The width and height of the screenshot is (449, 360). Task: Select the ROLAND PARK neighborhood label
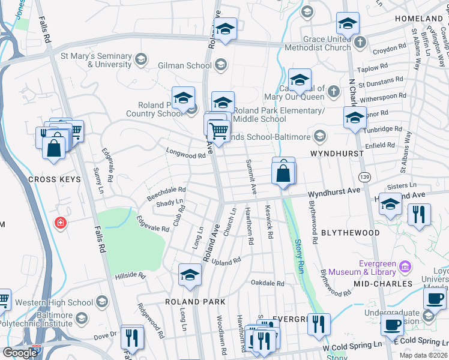tap(196, 301)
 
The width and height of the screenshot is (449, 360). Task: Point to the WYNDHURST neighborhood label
tap(337, 154)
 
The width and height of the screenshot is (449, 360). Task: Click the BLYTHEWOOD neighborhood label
tap(351, 232)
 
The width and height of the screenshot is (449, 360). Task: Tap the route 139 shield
tap(364, 176)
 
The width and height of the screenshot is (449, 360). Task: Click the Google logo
tap(20, 352)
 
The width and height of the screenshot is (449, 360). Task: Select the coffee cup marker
tap(393, 325)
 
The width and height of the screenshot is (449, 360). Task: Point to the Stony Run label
tap(298, 257)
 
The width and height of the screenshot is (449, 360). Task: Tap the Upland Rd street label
tap(226, 262)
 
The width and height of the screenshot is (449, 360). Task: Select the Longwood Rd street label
tap(185, 155)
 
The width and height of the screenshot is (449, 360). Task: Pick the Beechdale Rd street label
tap(166, 193)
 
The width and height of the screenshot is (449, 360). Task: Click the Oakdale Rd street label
tap(267, 283)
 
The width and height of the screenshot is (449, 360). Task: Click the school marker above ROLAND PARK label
tap(190, 275)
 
